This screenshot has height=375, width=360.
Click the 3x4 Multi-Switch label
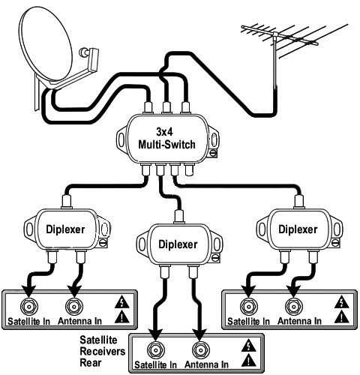166,138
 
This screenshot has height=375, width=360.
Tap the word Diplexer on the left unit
65,229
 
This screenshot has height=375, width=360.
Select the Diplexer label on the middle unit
178,244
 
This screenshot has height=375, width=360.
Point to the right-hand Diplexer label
298,229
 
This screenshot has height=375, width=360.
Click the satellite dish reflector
46,43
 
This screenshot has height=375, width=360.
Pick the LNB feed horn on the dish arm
89,55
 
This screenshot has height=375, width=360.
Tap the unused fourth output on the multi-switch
189,169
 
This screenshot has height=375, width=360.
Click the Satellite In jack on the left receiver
29,306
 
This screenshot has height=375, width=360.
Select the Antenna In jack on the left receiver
74,306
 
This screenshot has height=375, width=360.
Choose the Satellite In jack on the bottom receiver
155,349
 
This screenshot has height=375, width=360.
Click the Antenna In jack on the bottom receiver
200,349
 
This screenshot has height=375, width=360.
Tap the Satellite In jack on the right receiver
249,306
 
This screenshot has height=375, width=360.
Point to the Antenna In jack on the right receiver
294,306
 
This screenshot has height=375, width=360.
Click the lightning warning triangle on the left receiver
122,301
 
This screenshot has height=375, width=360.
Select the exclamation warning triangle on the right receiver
341,316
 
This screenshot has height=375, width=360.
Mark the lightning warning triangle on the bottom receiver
249,345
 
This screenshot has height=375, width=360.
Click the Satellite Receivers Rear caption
103,351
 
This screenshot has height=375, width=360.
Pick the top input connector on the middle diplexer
179,217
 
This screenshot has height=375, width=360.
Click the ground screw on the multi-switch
213,153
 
